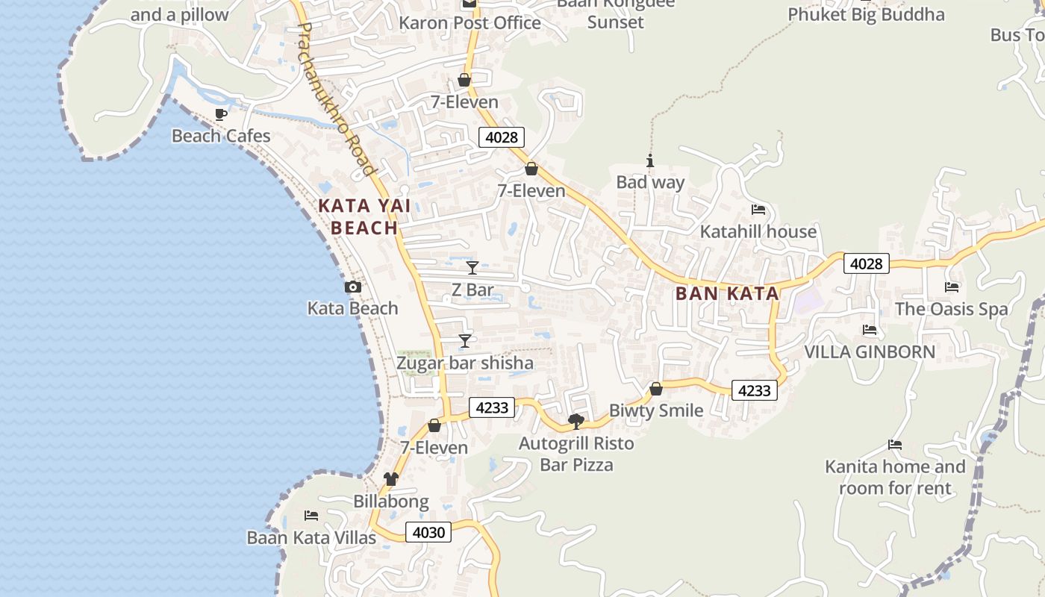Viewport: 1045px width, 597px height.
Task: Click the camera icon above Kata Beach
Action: pos(353,287)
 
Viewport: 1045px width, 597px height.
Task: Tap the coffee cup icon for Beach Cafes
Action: pos(221,114)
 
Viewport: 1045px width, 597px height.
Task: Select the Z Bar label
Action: pos(472,290)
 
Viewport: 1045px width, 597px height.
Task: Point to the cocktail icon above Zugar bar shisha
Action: pos(465,341)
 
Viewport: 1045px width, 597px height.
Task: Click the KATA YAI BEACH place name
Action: pos(364,216)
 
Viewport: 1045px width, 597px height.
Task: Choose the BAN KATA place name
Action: pos(727,293)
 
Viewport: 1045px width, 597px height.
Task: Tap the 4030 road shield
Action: pos(428,532)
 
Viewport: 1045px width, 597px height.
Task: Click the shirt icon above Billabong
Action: pos(391,479)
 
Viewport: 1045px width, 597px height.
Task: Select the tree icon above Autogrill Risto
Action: pos(575,422)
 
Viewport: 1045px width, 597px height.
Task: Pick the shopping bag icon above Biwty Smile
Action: pos(656,389)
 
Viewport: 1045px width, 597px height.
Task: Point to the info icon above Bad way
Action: pos(650,160)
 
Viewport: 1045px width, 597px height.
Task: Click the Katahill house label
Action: pos(758,232)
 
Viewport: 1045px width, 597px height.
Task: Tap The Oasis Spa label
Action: pos(951,309)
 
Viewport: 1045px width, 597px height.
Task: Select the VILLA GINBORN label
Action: pos(869,351)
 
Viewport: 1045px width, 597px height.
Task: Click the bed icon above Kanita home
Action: pos(895,445)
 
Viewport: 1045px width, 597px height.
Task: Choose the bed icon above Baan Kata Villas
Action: pos(311,516)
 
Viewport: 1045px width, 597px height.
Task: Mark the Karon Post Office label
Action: pos(470,23)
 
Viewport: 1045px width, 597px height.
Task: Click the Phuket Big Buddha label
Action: pos(866,14)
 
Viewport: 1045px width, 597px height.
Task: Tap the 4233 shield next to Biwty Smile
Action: pos(754,390)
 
